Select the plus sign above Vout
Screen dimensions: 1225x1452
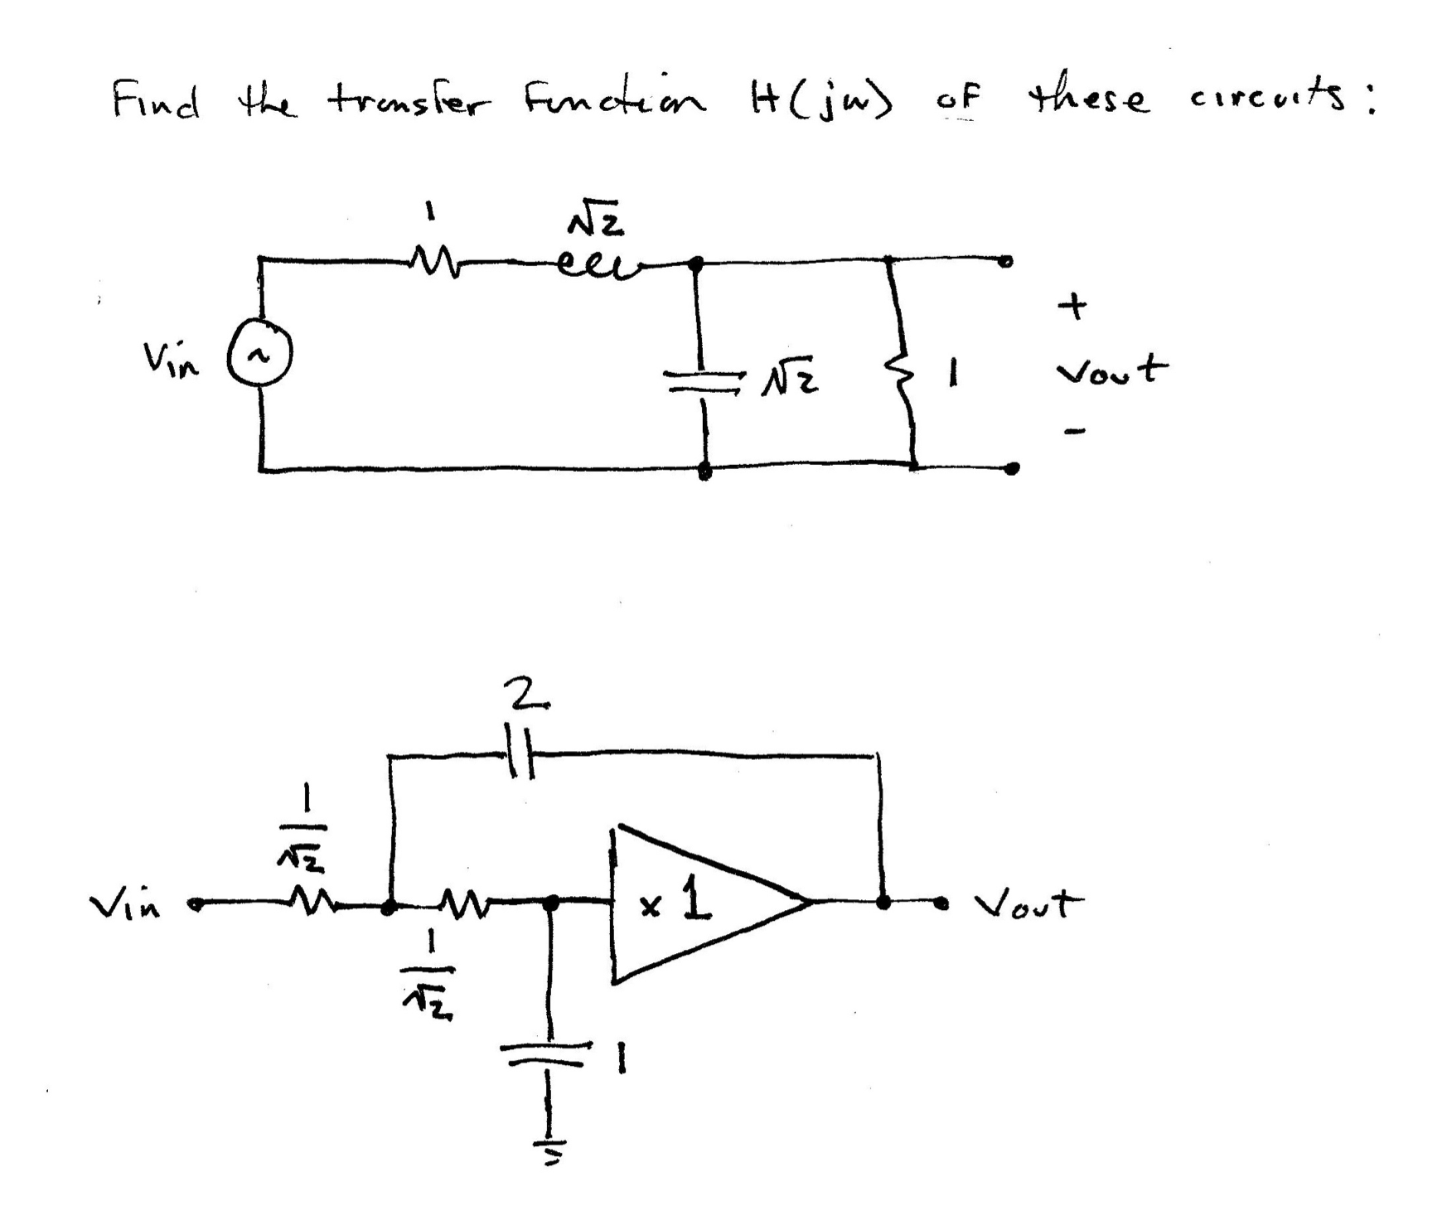[x=1073, y=307]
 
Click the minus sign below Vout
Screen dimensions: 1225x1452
[x=1075, y=430]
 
